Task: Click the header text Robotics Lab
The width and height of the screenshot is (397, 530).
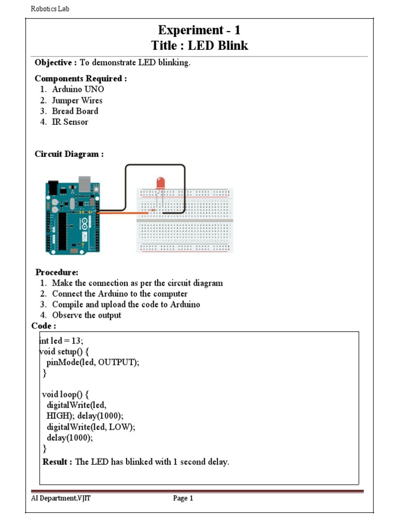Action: (50, 9)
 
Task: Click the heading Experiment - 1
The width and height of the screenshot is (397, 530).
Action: (199, 30)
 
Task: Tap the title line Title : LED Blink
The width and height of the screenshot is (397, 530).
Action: (199, 46)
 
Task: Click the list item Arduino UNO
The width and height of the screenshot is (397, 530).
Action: (78, 89)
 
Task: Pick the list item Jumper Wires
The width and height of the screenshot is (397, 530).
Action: (77, 100)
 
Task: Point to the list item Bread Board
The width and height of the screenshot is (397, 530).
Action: (75, 111)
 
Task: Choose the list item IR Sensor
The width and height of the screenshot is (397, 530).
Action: (70, 122)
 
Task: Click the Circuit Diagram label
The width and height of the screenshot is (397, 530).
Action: (69, 154)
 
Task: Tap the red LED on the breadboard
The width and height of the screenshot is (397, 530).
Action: (161, 183)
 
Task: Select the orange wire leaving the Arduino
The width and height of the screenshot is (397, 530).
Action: (121, 213)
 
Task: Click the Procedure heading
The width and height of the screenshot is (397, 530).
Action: (57, 272)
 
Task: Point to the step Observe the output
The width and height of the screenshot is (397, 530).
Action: (86, 315)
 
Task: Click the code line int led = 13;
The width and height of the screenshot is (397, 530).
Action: (62, 341)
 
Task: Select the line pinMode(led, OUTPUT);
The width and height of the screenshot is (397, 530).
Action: (93, 362)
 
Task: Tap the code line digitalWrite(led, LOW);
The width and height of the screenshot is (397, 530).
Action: (90, 427)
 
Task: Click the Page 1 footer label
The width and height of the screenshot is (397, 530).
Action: (183, 498)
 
